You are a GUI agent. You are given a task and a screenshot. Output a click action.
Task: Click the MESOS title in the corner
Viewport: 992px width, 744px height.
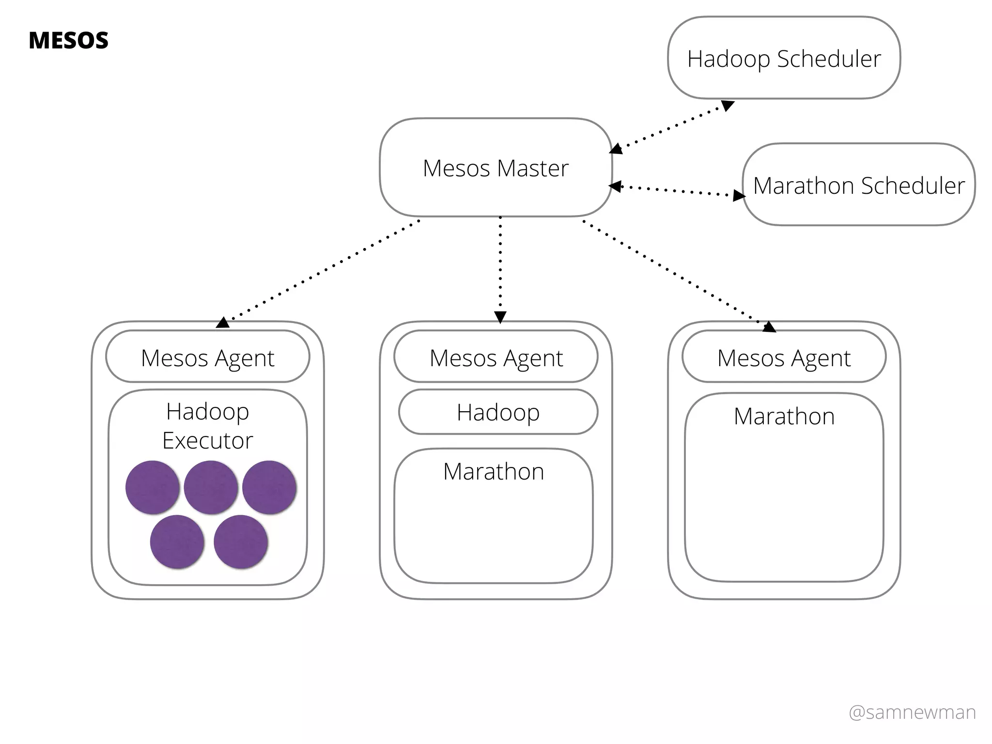coord(68,40)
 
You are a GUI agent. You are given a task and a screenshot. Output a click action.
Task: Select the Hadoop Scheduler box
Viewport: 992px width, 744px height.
coord(784,58)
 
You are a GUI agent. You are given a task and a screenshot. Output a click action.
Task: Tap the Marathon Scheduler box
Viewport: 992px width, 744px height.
coord(859,185)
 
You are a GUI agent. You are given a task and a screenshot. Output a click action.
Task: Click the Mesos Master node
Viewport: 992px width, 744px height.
coord(496,168)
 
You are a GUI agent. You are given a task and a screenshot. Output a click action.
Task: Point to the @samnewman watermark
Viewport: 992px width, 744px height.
coord(912,713)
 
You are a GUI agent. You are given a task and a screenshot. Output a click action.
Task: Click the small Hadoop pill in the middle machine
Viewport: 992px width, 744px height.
coord(498,412)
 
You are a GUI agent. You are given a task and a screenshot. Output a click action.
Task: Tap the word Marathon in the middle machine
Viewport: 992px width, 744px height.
coord(494,471)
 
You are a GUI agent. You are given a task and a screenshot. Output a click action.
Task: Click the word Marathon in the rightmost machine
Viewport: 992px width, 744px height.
coord(784,416)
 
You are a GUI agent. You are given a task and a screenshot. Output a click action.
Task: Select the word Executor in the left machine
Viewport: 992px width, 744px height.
coord(208,440)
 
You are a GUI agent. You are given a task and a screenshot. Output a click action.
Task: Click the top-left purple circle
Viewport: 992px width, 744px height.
coord(153,487)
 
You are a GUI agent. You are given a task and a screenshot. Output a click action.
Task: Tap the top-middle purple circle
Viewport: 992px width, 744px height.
coord(211,487)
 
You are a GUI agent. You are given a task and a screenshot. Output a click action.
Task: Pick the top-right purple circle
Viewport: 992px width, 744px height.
coord(269,487)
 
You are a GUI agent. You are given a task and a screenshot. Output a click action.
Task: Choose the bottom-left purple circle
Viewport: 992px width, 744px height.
coord(177,542)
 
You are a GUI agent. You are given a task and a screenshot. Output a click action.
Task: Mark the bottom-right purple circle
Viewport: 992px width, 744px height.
coord(241,542)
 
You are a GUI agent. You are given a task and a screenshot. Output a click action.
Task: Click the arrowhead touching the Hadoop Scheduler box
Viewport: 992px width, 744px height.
coord(728,105)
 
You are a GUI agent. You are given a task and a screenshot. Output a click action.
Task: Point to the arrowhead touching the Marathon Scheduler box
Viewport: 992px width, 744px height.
coord(739,195)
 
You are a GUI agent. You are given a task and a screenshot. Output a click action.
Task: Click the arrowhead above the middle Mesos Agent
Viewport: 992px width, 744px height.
coord(500,317)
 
